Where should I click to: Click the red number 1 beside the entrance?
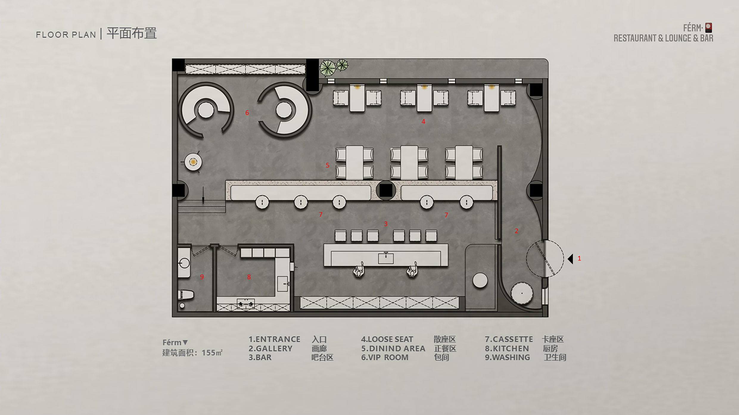(579, 258)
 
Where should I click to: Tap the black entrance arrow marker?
(570, 259)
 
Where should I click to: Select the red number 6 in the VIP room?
(247, 113)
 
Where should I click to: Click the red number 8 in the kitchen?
(249, 277)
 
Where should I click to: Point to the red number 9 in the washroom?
(202, 277)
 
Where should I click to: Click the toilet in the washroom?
(185, 295)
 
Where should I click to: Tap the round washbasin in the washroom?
(185, 263)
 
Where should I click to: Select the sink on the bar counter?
(386, 258)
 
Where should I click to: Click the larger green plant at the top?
(328, 68)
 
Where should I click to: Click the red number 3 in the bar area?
(385, 224)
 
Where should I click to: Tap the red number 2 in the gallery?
(516, 231)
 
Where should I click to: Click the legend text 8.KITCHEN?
(507, 348)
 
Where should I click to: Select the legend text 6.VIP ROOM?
(385, 357)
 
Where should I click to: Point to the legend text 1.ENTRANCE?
(274, 339)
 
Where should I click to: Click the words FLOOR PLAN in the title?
(66, 35)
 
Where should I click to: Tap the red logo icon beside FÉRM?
(709, 28)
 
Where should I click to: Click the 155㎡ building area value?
(212, 353)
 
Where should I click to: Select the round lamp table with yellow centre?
(193, 162)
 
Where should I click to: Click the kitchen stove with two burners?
(246, 304)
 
